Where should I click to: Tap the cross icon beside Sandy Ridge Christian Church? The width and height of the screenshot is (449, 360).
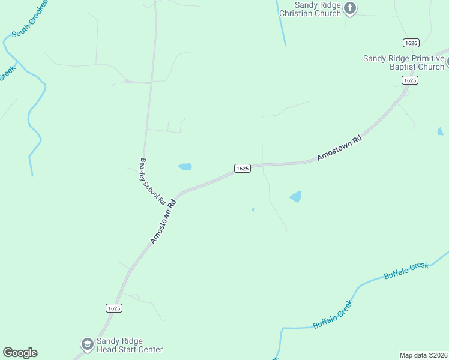tap(351, 8)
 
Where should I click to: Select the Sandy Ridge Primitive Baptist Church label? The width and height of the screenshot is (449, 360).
tap(403, 62)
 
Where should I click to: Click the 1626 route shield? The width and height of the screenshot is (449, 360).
tap(411, 43)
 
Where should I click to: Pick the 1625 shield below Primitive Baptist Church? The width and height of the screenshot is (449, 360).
tap(409, 80)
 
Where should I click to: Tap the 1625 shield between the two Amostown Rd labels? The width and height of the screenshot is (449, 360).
tap(242, 169)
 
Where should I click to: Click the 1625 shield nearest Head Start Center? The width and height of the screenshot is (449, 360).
tap(114, 308)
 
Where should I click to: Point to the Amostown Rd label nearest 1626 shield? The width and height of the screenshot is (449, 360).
tap(339, 147)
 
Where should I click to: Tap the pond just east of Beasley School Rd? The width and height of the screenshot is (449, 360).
tap(185, 166)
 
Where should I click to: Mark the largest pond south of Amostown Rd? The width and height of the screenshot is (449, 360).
tap(295, 196)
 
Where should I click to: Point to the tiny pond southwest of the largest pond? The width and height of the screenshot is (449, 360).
tap(253, 209)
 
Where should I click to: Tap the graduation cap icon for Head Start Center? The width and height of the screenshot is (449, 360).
tap(86, 344)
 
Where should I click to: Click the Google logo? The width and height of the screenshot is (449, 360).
tap(20, 353)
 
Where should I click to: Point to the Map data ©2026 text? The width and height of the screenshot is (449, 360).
tap(423, 355)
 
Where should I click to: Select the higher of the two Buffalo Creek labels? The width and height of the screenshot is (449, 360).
tap(406, 271)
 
